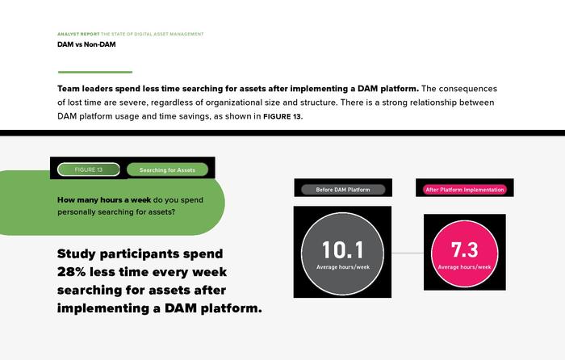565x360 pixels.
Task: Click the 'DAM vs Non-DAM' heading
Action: pyautogui.click(x=86, y=44)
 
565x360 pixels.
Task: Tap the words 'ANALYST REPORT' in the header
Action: pyautogui.click(x=78, y=34)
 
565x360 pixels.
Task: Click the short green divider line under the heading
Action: pyautogui.click(x=95, y=72)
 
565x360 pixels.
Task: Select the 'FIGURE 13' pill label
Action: pyautogui.click(x=89, y=170)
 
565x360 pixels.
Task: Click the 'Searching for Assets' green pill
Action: pyautogui.click(x=167, y=170)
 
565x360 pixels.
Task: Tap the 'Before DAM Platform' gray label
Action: pyautogui.click(x=343, y=190)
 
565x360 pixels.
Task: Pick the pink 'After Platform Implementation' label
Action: pyautogui.click(x=465, y=190)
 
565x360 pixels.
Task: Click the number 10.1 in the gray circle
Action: pyautogui.click(x=343, y=249)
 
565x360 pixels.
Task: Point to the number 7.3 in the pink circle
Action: pyautogui.click(x=464, y=249)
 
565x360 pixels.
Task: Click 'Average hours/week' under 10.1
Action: pyautogui.click(x=343, y=267)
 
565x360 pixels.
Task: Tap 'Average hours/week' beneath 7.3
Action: pyautogui.click(x=464, y=267)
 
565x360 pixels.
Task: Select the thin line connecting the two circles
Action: pyautogui.click(x=408, y=253)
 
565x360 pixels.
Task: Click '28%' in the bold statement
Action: pyautogui.click(x=71, y=272)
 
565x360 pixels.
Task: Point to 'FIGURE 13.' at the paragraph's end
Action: pyautogui.click(x=283, y=116)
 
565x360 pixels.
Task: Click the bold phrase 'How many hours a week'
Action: pyautogui.click(x=104, y=200)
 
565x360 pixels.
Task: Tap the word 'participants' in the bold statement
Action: pyautogui.click(x=140, y=254)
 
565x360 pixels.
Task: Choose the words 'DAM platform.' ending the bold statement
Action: pyautogui.click(x=213, y=308)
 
